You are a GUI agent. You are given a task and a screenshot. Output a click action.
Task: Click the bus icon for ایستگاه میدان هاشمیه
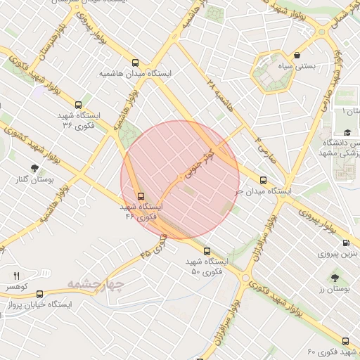click(136, 62)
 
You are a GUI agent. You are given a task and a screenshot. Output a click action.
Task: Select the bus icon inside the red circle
click(141, 195)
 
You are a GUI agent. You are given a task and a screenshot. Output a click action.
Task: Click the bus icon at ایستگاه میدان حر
click(263, 180)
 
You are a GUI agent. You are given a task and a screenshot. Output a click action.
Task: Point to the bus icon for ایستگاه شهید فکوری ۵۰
click(207, 251)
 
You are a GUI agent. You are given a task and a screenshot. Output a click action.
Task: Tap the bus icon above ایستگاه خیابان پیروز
click(39, 294)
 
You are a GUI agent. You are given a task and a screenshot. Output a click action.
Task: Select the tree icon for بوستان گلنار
click(34, 167)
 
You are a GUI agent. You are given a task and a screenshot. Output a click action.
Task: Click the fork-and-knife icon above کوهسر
click(17, 276)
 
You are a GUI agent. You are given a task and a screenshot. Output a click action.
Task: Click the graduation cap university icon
click(347, 132)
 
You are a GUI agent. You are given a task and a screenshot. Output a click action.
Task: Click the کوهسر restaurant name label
click(18, 288)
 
